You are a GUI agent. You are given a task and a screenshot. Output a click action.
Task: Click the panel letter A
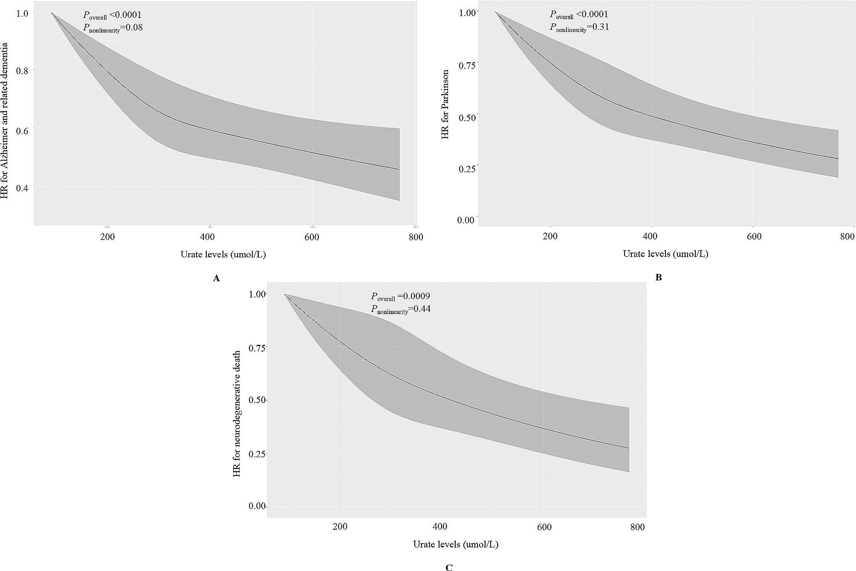pyautogui.click(x=217, y=278)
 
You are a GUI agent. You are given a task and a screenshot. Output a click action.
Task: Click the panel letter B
pyautogui.click(x=658, y=277)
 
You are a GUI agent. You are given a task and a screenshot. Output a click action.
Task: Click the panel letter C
pyautogui.click(x=448, y=567)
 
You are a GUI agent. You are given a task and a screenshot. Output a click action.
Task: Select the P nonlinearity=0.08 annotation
pyautogui.click(x=113, y=28)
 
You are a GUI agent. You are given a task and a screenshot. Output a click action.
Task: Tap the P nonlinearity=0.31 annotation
pyautogui.click(x=579, y=27)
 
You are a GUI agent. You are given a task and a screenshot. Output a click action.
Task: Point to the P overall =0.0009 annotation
pyautogui.click(x=400, y=296)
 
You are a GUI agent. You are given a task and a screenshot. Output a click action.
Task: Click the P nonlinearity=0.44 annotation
pyautogui.click(x=401, y=309)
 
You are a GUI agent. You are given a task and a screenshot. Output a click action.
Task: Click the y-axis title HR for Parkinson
pyautogui.click(x=445, y=104)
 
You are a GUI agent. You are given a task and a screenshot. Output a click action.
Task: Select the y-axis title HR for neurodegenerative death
pyautogui.click(x=237, y=413)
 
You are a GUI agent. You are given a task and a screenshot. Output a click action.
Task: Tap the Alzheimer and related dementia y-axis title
pyautogui.click(x=4, y=120)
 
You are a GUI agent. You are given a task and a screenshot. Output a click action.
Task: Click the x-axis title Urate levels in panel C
pyautogui.click(x=455, y=544)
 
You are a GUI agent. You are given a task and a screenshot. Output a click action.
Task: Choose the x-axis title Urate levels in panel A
pyautogui.click(x=223, y=254)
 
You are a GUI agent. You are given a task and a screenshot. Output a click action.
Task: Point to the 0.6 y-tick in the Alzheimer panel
pyautogui.click(x=22, y=131)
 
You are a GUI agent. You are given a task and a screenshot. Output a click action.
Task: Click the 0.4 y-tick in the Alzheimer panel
pyautogui.click(x=22, y=188)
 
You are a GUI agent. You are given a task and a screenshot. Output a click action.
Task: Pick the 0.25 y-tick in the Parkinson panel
pyautogui.click(x=467, y=169)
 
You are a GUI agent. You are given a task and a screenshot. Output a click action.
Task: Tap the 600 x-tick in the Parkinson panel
pyautogui.click(x=754, y=236)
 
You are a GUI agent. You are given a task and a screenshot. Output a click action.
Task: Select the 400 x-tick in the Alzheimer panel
pyautogui.click(x=208, y=237)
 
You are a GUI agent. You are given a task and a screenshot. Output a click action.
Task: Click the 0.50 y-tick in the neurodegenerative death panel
pyautogui.click(x=257, y=400)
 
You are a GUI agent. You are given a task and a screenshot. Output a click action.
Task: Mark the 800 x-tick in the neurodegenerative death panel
pyautogui.click(x=637, y=527)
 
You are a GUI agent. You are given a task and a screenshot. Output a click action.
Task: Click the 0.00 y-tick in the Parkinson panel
pyautogui.click(x=466, y=220)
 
